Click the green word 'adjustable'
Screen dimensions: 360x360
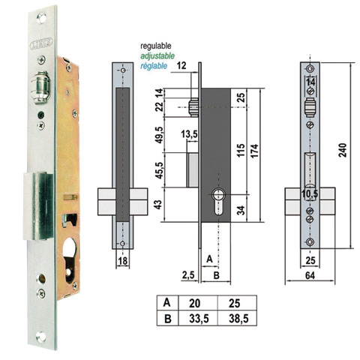coord(157,55)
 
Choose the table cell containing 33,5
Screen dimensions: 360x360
coord(194,317)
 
